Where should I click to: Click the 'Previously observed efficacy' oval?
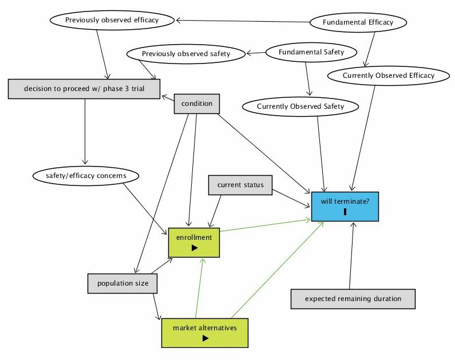[x=112, y=20]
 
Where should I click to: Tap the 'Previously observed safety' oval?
[x=186, y=54]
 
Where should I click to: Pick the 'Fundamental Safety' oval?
[x=311, y=52]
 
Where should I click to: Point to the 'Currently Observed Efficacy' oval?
[x=389, y=76]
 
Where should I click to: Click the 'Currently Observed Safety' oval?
[x=300, y=106]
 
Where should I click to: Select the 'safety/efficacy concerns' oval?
[x=86, y=175]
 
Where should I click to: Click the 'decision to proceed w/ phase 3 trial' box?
[x=84, y=89]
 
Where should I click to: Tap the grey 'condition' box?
[x=197, y=104]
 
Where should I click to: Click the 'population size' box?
[x=122, y=283]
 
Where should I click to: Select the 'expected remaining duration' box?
[x=353, y=299]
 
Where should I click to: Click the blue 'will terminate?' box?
[x=345, y=205]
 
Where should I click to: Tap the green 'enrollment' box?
[x=194, y=242]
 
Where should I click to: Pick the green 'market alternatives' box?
[x=204, y=333]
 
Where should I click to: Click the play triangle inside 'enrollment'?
[x=195, y=248]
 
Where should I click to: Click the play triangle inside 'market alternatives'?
[x=205, y=338]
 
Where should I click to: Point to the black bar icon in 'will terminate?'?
[x=345, y=212]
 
